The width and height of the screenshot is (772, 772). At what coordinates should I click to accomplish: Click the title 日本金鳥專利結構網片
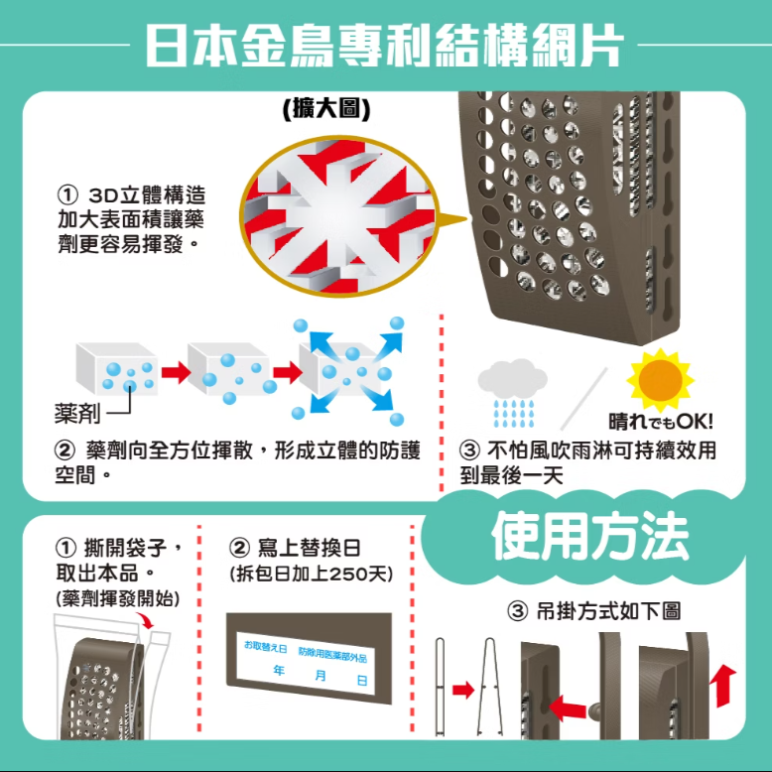(385, 45)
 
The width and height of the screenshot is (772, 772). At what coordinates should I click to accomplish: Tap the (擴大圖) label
(325, 108)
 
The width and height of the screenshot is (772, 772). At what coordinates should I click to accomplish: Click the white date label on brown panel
(308, 663)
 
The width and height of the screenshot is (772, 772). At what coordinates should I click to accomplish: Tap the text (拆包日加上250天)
(311, 575)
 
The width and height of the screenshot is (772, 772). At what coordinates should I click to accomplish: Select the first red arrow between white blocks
(175, 372)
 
